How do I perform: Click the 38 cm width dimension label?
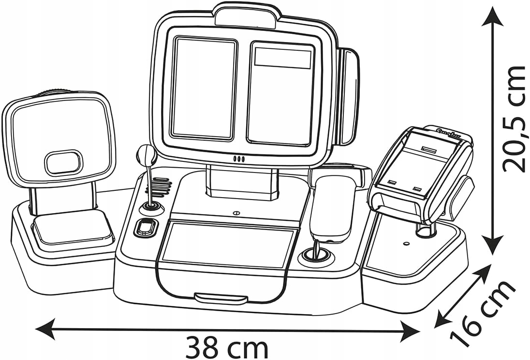click(226, 346)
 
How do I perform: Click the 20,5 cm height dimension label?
click(514, 119)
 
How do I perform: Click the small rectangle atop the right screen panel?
click(283, 58)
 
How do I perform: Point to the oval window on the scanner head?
click(63, 162)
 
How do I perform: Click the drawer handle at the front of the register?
click(221, 297)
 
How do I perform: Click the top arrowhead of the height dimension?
click(493, 14)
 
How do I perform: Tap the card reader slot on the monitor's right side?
click(348, 97)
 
